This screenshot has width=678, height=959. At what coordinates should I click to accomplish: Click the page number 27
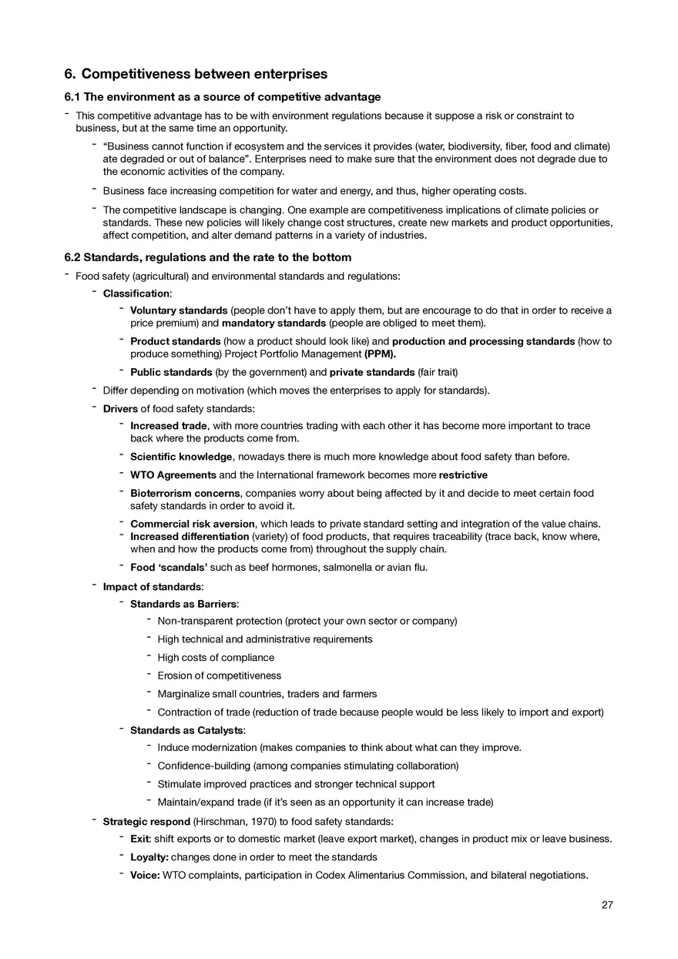pyautogui.click(x=607, y=905)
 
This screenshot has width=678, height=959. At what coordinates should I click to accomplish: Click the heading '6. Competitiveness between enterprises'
pyautogui.click(x=196, y=74)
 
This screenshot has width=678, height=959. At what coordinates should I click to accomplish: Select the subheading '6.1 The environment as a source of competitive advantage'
pyautogui.click(x=222, y=97)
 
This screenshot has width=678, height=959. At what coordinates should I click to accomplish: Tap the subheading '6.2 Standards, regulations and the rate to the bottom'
pyautogui.click(x=207, y=257)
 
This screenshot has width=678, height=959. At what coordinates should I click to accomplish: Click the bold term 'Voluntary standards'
pyautogui.click(x=179, y=310)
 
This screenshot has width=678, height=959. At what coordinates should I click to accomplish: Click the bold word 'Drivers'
pyautogui.click(x=120, y=408)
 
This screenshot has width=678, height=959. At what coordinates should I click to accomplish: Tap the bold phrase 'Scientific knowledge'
pyautogui.click(x=181, y=457)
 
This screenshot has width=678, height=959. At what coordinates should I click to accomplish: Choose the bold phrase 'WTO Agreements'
pyautogui.click(x=173, y=475)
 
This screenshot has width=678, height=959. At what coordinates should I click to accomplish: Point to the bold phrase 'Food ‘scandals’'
pyautogui.click(x=169, y=568)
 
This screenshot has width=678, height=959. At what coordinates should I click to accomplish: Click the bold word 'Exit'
pyautogui.click(x=139, y=839)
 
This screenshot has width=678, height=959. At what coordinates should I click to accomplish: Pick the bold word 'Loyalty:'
pyautogui.click(x=149, y=857)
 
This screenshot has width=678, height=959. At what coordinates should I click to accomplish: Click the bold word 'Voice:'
pyautogui.click(x=145, y=875)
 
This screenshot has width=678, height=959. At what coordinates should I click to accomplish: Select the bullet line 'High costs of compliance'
pyautogui.click(x=216, y=658)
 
